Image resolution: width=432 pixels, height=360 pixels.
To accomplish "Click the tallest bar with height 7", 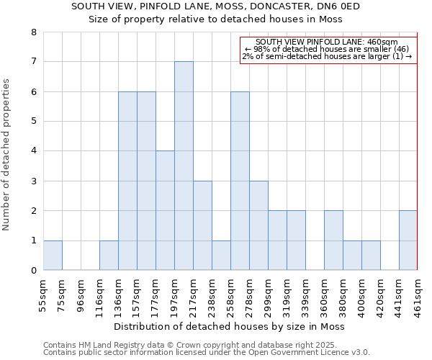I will pos(184,166).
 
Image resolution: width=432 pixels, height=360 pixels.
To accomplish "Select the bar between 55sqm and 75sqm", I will pos(53,255).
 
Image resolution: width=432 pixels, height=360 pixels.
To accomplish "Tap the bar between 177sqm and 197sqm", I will pos(165,210).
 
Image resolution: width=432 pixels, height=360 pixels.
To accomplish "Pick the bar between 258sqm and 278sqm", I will pos(240,181).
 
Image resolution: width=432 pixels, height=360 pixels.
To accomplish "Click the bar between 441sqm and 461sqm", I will pos(408,240).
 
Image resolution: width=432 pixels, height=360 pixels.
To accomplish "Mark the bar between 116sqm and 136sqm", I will pos(109,255).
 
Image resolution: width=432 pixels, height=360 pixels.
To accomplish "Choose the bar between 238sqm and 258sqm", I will pos(221,255).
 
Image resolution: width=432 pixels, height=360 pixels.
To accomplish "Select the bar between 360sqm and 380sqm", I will pos(333,240).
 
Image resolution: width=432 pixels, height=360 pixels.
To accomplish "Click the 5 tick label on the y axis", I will pos(34,122).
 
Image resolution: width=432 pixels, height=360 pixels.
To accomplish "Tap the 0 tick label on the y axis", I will pos(34,271).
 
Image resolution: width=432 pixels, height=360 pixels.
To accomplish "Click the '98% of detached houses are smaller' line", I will pos(328,49).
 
